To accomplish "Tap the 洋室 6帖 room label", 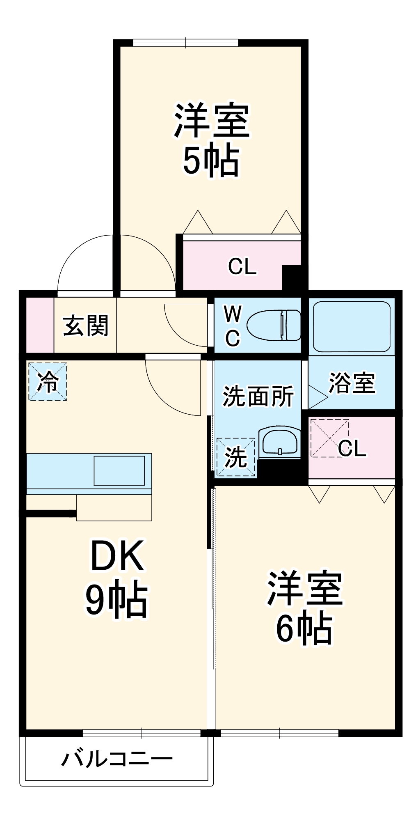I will click(304, 608).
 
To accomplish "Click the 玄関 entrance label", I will click(86, 326).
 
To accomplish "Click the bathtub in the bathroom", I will click(352, 326).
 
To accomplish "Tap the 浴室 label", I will click(352, 383).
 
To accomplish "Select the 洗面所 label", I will click(258, 397).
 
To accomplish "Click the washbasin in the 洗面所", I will click(279, 443).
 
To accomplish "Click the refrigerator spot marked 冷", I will click(48, 381).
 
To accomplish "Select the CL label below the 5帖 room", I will click(242, 266).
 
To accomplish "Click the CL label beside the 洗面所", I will click(352, 448).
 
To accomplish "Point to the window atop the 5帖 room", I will click(185, 43).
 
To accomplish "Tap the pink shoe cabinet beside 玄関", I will click(40, 325).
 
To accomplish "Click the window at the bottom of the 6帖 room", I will click(279, 733).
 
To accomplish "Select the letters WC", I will click(233, 326).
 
